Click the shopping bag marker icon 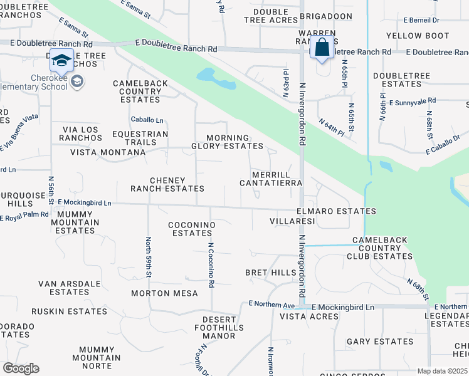[322, 48]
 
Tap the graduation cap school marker [61, 60]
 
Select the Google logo [21, 368]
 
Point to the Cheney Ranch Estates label [167, 184]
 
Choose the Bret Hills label [270, 273]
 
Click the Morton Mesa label [164, 293]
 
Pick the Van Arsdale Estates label [69, 288]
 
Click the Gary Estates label [380, 342]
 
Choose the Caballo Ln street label [147, 120]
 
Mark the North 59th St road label [149, 257]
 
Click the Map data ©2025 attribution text [441, 371]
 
